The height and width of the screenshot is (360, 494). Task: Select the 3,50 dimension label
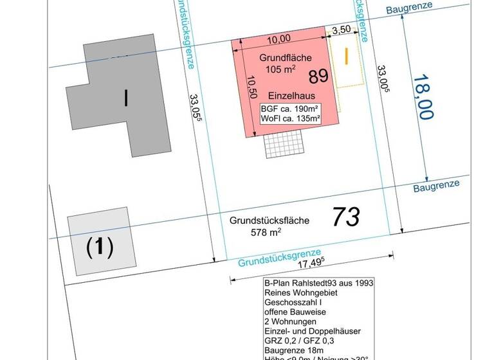click(x=341, y=30)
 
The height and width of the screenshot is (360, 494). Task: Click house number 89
click(x=318, y=76)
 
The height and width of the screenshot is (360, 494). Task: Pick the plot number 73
click(x=346, y=217)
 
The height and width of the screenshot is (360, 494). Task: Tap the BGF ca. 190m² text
click(x=291, y=109)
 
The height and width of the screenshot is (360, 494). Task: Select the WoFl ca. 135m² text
click(x=291, y=118)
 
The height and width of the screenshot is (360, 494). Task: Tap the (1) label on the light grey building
click(x=100, y=247)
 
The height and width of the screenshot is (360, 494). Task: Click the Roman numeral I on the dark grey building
click(x=125, y=98)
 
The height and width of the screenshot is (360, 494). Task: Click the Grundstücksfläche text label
click(x=269, y=221)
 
